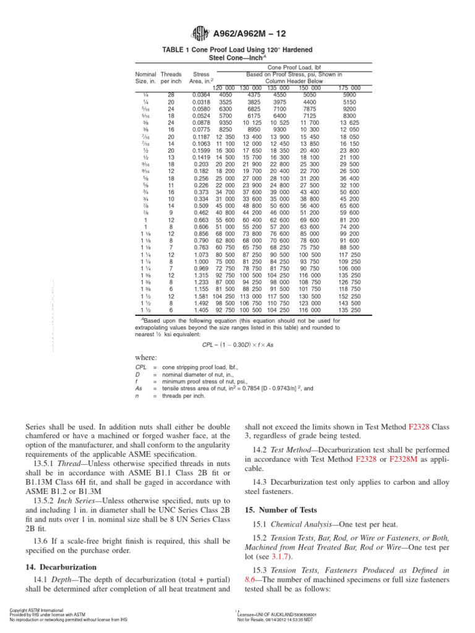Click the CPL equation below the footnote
tap(237, 345)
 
